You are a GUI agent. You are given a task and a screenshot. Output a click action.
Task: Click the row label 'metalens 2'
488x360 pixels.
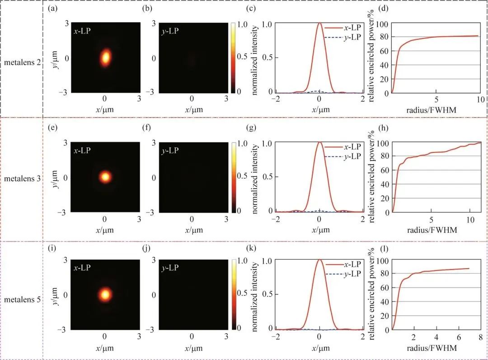[x=23, y=63]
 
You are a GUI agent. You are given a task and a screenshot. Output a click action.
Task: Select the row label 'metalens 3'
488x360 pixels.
[x=23, y=179]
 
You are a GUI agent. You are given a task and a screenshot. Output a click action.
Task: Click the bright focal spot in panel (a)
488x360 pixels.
[x=105, y=57]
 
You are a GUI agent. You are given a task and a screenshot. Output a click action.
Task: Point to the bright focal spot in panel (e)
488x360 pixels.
[x=105, y=177]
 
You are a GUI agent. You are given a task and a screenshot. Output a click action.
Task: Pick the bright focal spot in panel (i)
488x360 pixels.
[x=105, y=294]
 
